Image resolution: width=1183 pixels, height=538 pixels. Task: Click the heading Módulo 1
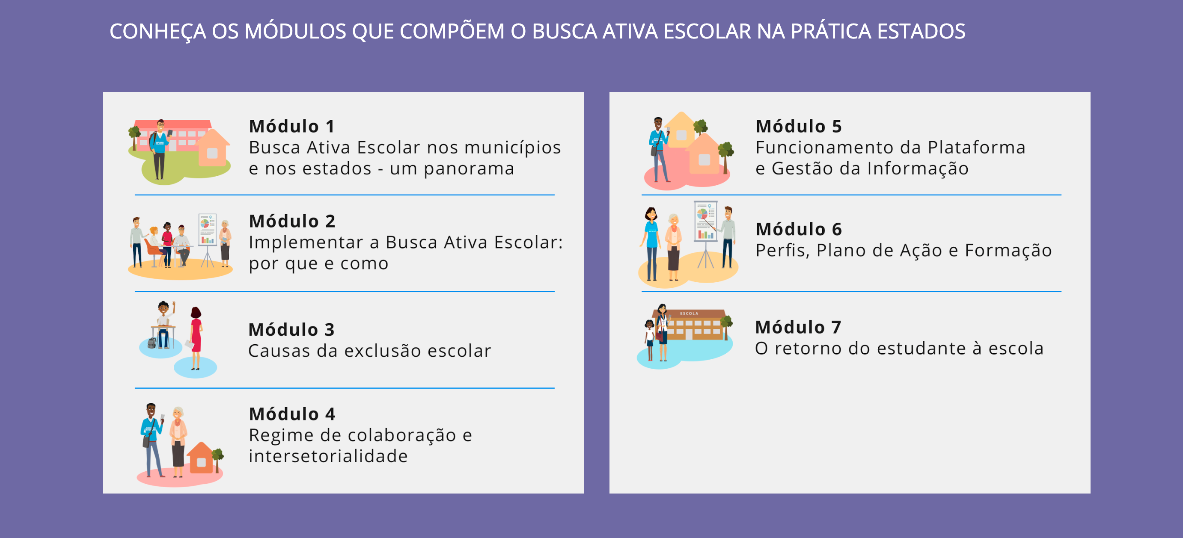(x=291, y=126)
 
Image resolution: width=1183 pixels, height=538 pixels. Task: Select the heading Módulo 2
(x=292, y=221)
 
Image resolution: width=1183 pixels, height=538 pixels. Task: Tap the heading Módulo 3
(x=291, y=330)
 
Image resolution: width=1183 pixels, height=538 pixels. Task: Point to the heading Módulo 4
(x=292, y=414)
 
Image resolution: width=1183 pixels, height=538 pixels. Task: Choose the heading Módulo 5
(x=799, y=126)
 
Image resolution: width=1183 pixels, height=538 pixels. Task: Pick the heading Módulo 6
(x=799, y=229)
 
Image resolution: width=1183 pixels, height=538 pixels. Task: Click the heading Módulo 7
(x=798, y=327)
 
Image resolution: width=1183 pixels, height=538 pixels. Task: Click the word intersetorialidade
(x=328, y=456)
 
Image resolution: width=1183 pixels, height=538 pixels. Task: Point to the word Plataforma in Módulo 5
(x=976, y=148)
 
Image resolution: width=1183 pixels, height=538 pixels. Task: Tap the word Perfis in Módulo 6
(x=783, y=251)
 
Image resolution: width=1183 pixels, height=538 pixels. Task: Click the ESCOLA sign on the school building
(x=689, y=313)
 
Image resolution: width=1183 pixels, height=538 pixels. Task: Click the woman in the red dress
(x=196, y=337)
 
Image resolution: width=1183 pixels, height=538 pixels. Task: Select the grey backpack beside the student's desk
(x=152, y=343)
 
